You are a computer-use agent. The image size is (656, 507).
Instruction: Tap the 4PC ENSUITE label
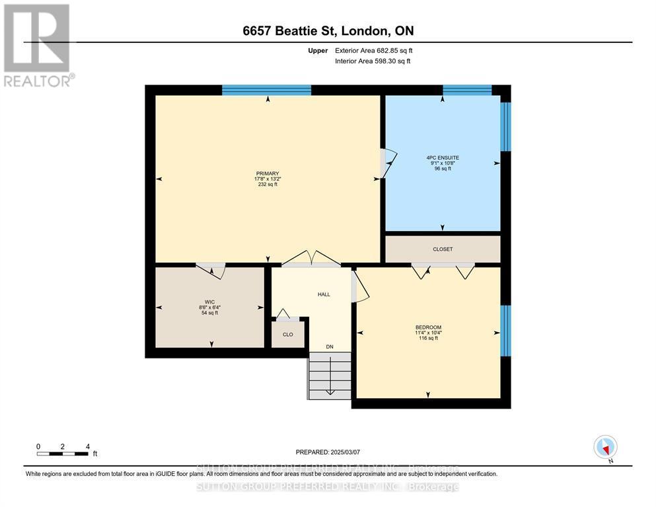pos(442,158)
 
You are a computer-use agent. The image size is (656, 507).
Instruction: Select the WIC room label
pos(209,301)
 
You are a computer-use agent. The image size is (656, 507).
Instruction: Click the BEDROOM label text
pos(428,327)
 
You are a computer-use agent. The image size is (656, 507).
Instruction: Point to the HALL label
pos(324,294)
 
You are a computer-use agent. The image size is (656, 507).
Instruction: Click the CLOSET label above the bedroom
pos(443,249)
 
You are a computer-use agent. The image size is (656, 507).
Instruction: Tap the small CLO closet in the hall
pos(288,334)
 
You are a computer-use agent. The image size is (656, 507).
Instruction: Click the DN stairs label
pos(330,347)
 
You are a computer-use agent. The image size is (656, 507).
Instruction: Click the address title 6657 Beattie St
pos(328,30)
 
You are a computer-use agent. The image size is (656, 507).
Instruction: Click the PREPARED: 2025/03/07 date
pos(328,452)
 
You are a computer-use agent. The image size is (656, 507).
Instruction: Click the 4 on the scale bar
pos(87,446)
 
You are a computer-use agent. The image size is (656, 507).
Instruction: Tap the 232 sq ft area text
pos(267,184)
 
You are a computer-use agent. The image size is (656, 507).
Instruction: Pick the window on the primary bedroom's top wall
pos(266,90)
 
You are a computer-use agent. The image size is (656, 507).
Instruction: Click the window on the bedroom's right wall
pos(505,330)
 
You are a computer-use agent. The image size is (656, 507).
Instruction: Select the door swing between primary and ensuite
pos(389,160)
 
